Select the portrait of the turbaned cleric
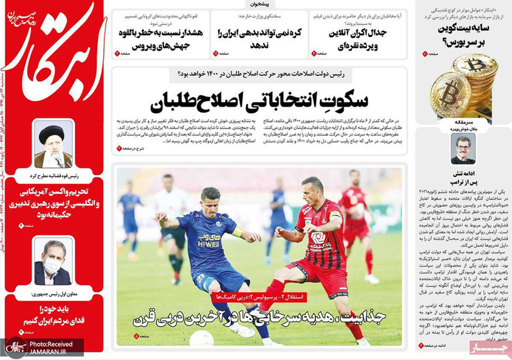[53, 145]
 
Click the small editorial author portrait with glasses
[462, 151]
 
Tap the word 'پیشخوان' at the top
[256, 4]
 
